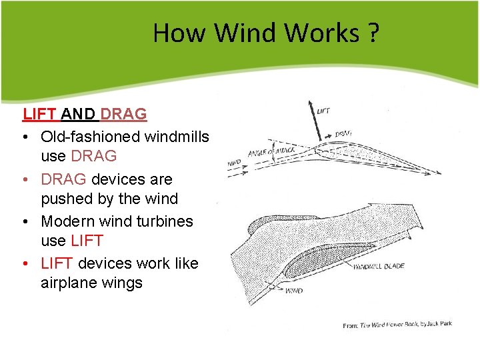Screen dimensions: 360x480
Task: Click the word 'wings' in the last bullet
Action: point(123,283)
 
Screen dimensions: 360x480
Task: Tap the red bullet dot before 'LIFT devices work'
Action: point(25,263)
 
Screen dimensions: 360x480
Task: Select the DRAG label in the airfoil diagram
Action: point(343,133)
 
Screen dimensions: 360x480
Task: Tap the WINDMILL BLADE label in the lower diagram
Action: point(379,266)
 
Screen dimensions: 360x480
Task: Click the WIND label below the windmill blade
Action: point(293,291)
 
